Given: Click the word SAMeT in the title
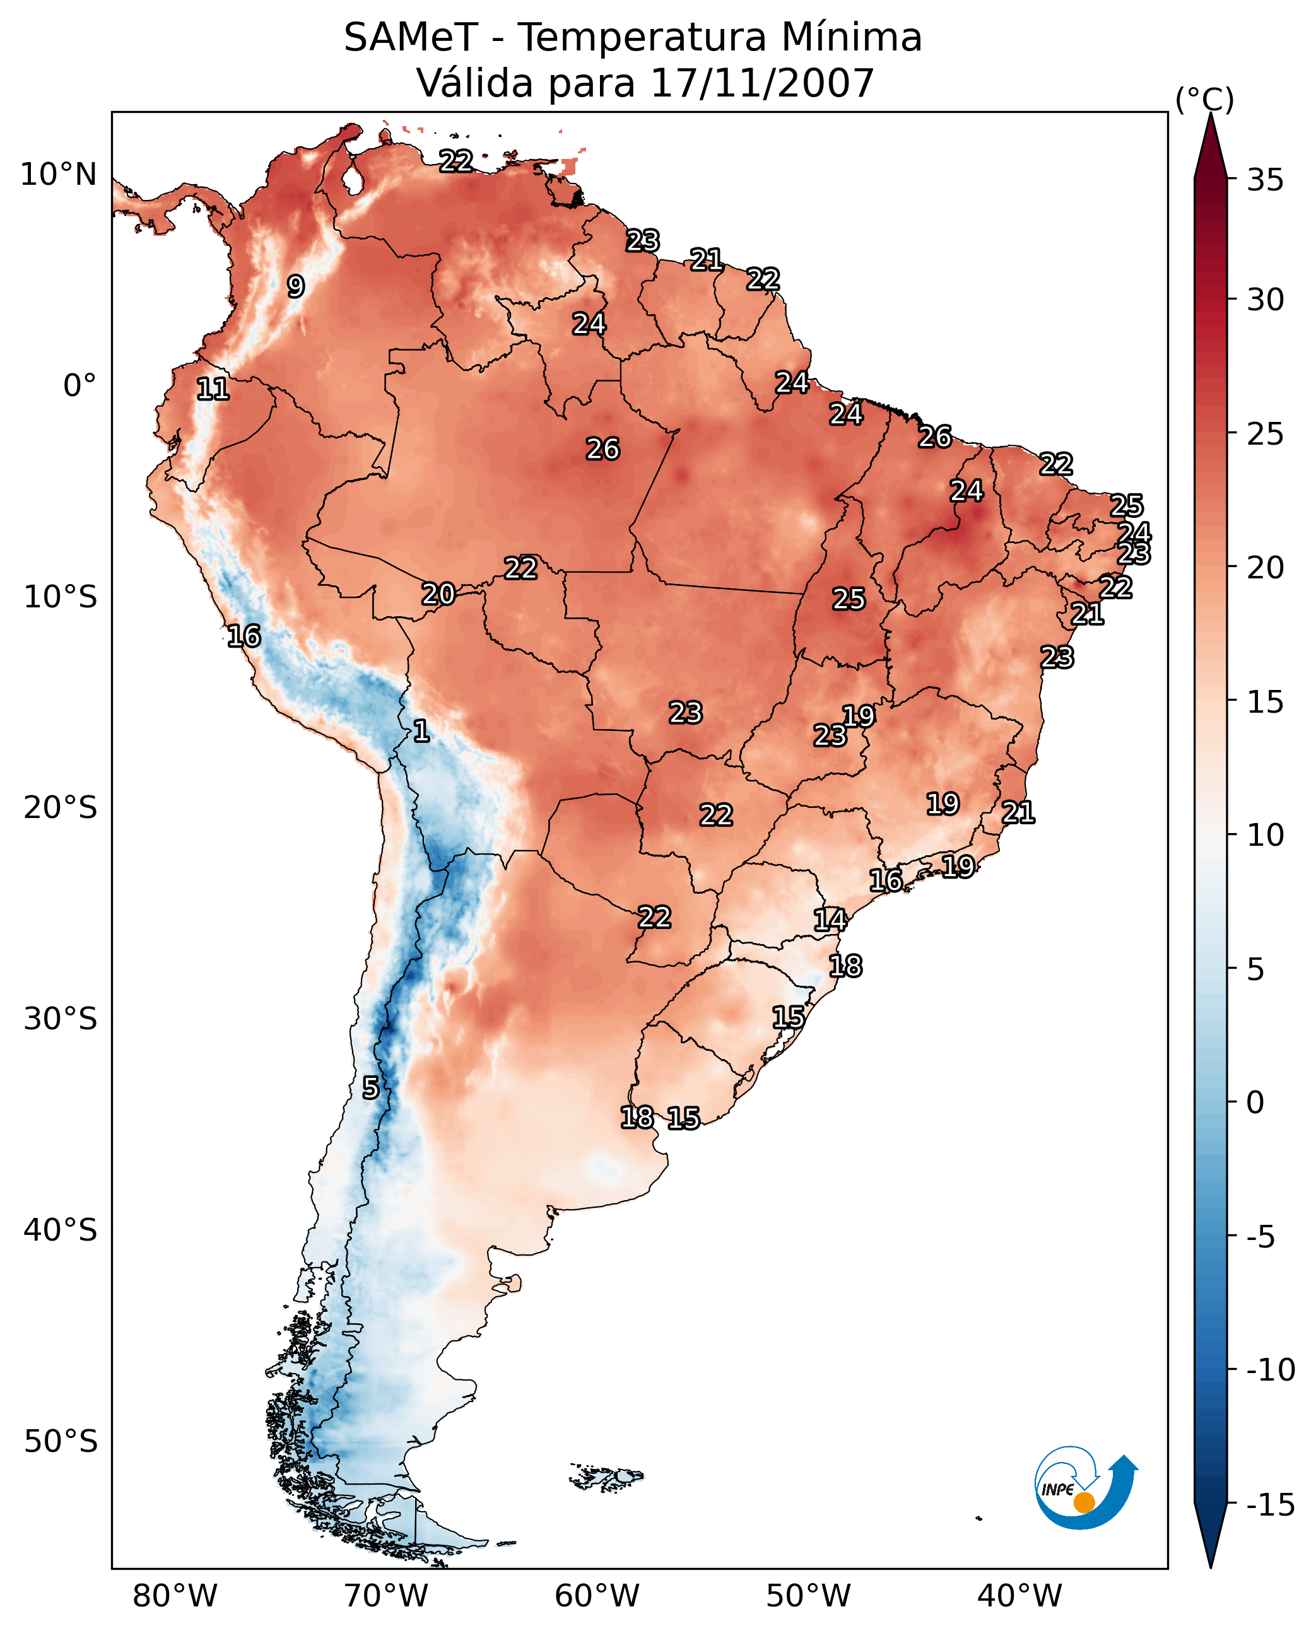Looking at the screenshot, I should click(x=410, y=38).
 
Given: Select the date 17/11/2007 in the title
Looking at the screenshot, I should click(x=762, y=83).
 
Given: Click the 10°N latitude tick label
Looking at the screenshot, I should click(x=59, y=175).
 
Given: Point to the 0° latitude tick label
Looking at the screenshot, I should click(x=79, y=386).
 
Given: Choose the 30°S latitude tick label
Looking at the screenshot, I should click(x=61, y=1019).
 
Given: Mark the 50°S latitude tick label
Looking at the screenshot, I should click(x=61, y=1442).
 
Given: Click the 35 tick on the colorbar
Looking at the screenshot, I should click(x=1265, y=180).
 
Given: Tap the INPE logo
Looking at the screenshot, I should click(x=1086, y=1488).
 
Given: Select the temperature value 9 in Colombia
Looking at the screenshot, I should click(x=296, y=286).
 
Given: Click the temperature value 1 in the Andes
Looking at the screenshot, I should click(x=421, y=732).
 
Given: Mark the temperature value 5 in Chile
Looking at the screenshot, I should click(x=370, y=1087).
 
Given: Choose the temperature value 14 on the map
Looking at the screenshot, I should click(x=830, y=920).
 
